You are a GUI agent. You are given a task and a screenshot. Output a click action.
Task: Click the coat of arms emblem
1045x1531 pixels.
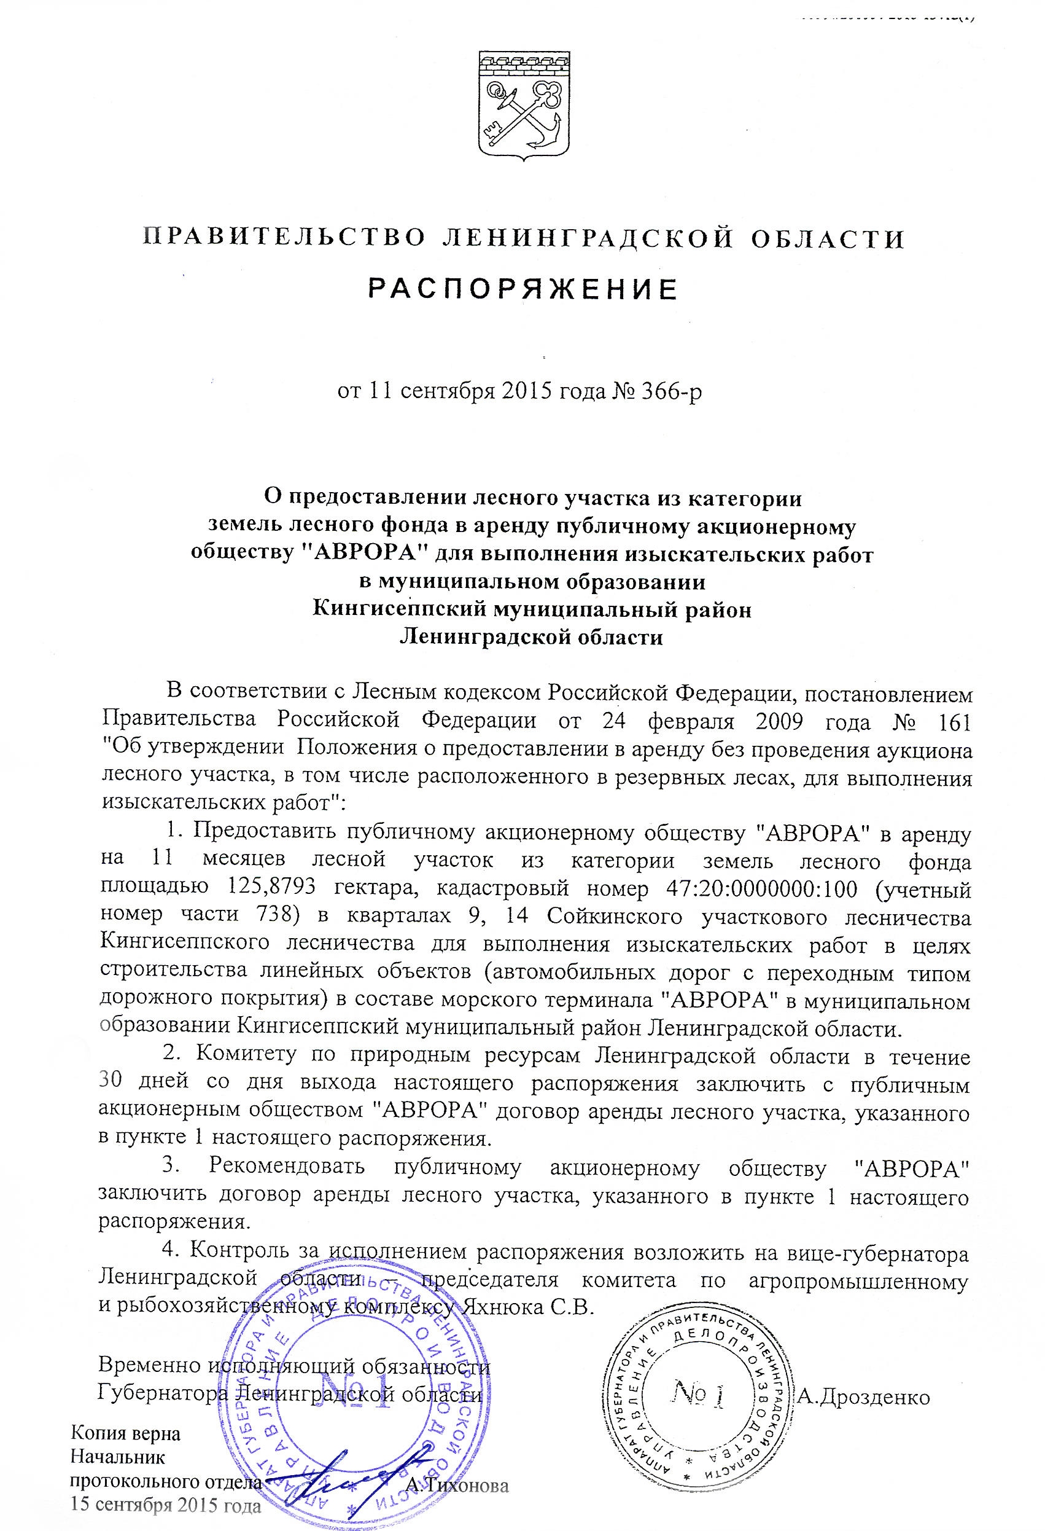tap(524, 106)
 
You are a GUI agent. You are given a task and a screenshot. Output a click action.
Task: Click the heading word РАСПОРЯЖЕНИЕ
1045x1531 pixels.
tap(522, 289)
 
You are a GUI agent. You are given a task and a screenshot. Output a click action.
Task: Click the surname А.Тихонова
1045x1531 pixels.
tap(457, 1485)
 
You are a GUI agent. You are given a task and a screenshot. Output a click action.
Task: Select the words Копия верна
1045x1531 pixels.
tap(125, 1433)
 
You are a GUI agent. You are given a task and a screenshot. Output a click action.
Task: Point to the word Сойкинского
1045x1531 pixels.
tap(614, 915)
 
